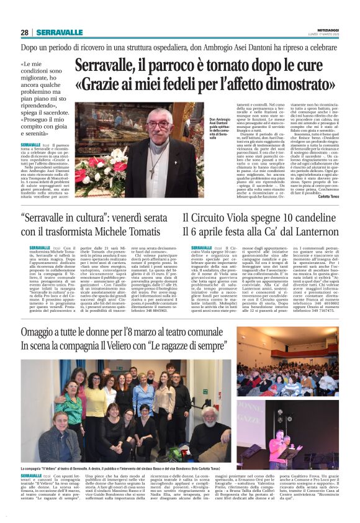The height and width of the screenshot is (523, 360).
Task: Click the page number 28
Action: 24,32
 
